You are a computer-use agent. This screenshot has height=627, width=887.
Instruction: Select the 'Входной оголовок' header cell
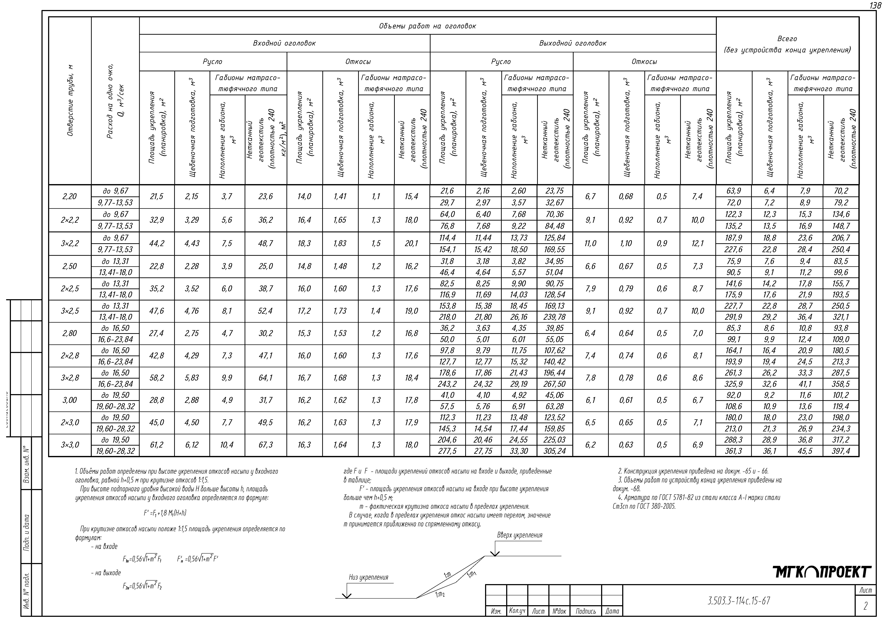coord(284,43)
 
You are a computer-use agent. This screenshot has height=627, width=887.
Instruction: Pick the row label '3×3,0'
coord(70,445)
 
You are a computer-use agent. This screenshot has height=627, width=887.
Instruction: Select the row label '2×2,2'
coord(70,220)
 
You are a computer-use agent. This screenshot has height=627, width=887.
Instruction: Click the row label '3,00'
coord(70,400)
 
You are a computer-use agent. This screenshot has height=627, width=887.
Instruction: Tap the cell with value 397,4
coord(841,451)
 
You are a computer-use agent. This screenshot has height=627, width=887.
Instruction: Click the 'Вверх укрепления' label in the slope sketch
coord(520,535)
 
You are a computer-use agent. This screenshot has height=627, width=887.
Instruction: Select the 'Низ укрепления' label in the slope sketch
coord(368,578)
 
